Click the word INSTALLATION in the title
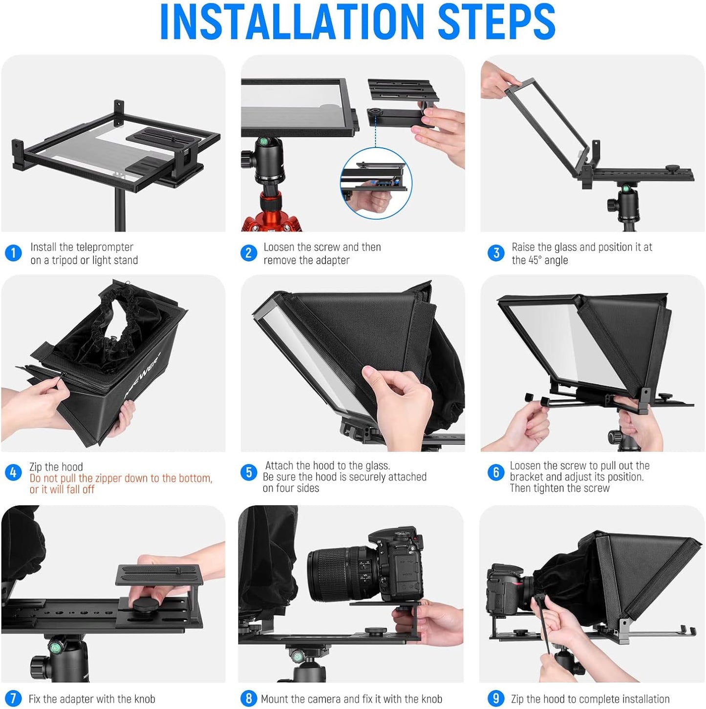coord(291,22)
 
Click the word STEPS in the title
coord(496,22)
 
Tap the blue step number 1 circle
coord(13,253)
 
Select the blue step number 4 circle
coord(13,472)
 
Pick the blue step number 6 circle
coord(495,472)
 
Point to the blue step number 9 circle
coord(495,698)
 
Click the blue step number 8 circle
coord(249,698)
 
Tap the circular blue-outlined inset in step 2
coord(376,184)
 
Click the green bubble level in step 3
coord(625,188)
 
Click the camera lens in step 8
coord(337,574)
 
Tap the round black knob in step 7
coord(147,606)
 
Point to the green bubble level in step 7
coord(56,648)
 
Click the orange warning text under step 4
coord(120,484)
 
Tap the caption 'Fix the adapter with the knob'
coord(92,699)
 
